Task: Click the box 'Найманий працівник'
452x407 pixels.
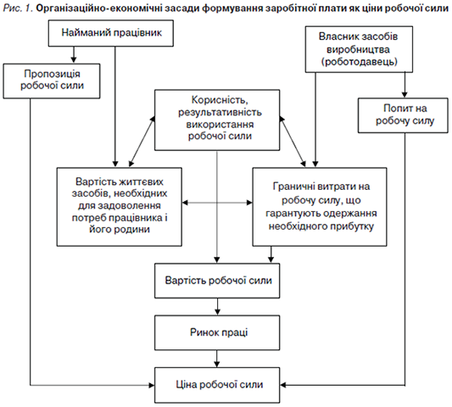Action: point(111,33)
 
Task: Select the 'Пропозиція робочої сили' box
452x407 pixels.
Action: point(52,81)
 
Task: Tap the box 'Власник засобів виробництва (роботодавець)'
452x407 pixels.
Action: point(359,49)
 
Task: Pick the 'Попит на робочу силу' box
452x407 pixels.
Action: point(403,115)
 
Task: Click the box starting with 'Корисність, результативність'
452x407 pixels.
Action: point(217,120)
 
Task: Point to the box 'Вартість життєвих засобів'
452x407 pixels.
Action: point(119,207)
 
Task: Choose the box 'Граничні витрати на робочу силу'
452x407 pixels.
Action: point(320,207)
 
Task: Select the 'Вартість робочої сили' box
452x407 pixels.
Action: point(217,281)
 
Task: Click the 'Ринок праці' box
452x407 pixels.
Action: point(217,332)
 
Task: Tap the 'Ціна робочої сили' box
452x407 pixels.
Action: point(217,385)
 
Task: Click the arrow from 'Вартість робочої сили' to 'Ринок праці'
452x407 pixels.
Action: point(217,307)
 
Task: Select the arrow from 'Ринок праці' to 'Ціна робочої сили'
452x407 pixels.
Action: point(217,359)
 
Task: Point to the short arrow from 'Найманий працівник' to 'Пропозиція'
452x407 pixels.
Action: point(74,55)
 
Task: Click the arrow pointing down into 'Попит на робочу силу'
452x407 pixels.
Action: point(405,85)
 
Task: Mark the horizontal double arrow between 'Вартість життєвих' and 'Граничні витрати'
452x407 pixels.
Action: point(217,203)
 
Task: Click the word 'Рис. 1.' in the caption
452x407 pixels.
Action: point(18,8)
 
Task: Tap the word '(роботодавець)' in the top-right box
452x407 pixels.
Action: point(360,62)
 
